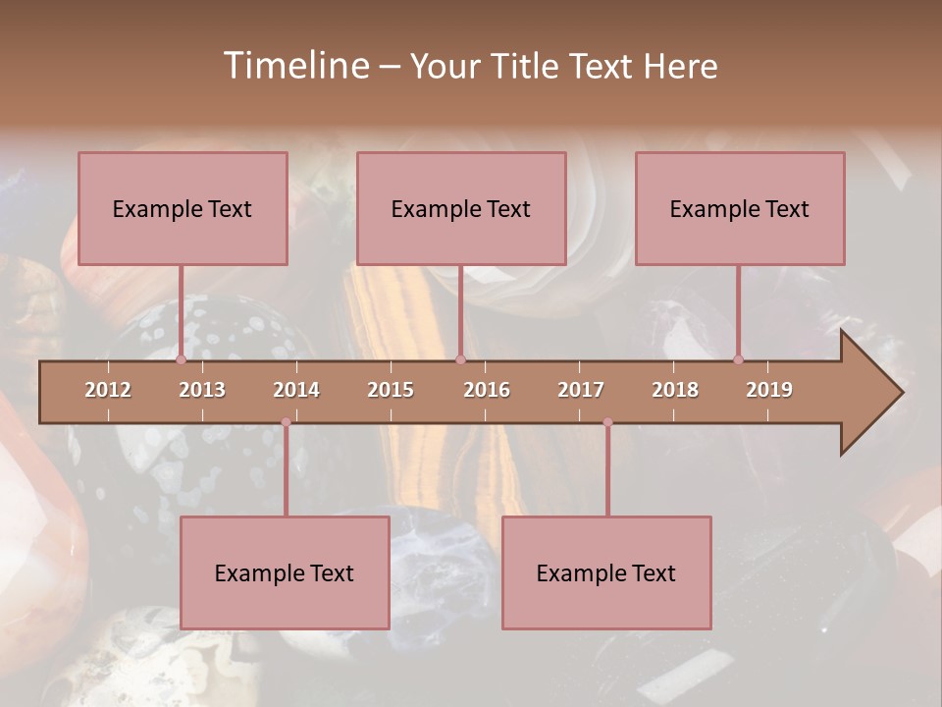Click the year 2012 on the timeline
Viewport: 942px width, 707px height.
click(108, 390)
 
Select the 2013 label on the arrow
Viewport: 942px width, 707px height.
click(202, 390)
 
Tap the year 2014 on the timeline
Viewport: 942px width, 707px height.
click(296, 390)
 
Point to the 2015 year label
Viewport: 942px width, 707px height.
click(391, 390)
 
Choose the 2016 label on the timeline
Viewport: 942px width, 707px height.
click(487, 390)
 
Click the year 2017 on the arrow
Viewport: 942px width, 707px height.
click(581, 390)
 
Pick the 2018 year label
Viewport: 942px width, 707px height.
click(675, 390)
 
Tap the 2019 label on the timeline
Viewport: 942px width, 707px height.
click(769, 390)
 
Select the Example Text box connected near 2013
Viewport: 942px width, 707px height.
click(183, 208)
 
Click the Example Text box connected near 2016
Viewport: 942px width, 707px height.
click(461, 208)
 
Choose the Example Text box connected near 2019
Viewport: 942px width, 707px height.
click(740, 208)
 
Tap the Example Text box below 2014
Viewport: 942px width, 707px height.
click(285, 572)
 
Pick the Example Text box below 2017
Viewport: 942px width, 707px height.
click(606, 572)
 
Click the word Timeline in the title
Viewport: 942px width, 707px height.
click(296, 65)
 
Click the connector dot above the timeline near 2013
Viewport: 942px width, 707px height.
click(181, 360)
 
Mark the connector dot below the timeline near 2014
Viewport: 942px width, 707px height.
click(286, 422)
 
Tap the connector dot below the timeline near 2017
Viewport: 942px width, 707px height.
click(607, 422)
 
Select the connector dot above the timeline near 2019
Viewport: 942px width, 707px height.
click(738, 360)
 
